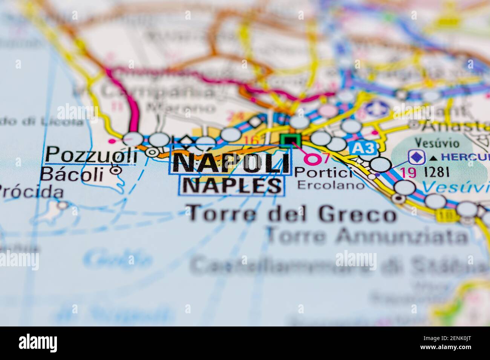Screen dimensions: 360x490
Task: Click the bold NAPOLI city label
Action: [x=231, y=163]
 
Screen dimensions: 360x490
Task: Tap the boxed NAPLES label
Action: [x=232, y=185]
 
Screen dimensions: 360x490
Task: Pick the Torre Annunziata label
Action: [x=367, y=236]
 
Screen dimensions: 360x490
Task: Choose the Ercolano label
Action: [x=331, y=185]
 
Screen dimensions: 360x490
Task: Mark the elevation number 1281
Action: [x=437, y=172]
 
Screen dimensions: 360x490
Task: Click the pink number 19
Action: [x=408, y=172]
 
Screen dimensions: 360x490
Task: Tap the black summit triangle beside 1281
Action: [x=434, y=158]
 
